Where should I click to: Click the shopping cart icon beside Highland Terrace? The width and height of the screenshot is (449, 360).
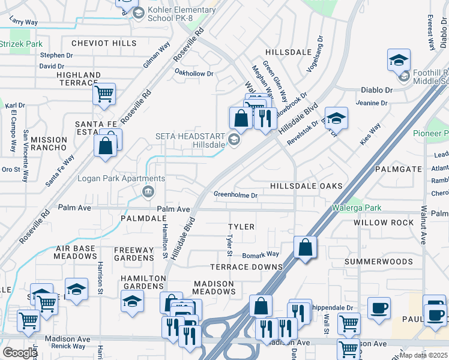point(104,94)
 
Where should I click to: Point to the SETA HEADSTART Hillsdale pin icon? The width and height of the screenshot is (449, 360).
point(234,140)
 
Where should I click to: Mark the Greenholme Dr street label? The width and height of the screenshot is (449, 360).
point(235,195)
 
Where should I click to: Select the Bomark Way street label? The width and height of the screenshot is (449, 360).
point(261,255)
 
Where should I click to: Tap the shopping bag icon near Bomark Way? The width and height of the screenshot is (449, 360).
point(306,247)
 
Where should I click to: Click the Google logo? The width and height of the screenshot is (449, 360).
point(19,353)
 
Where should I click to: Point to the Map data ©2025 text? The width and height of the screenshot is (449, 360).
point(423,355)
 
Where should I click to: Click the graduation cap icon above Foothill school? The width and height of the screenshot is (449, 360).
point(398,60)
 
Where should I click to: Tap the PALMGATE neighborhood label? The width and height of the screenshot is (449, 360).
point(399,170)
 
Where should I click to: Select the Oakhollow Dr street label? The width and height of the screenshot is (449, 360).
point(193,74)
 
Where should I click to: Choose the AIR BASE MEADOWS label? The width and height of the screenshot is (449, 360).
point(76,252)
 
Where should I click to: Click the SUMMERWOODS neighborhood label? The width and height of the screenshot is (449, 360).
point(379,262)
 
